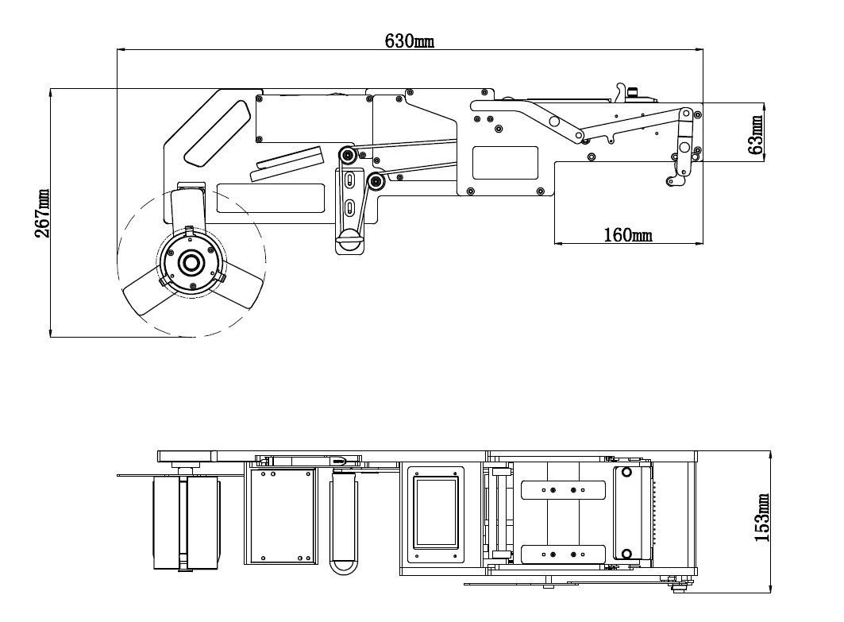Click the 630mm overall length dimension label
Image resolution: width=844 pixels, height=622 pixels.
point(410,41)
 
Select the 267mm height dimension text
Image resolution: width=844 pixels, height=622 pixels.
point(41,213)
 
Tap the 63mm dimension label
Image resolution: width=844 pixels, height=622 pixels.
point(757,133)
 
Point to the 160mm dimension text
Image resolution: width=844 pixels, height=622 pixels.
point(627,234)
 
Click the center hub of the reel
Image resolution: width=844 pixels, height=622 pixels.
point(191,262)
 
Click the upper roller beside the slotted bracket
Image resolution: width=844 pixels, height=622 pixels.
point(347,155)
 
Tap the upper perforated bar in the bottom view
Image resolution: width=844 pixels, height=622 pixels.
point(563,490)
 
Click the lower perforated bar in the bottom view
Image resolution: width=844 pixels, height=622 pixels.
point(563,554)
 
